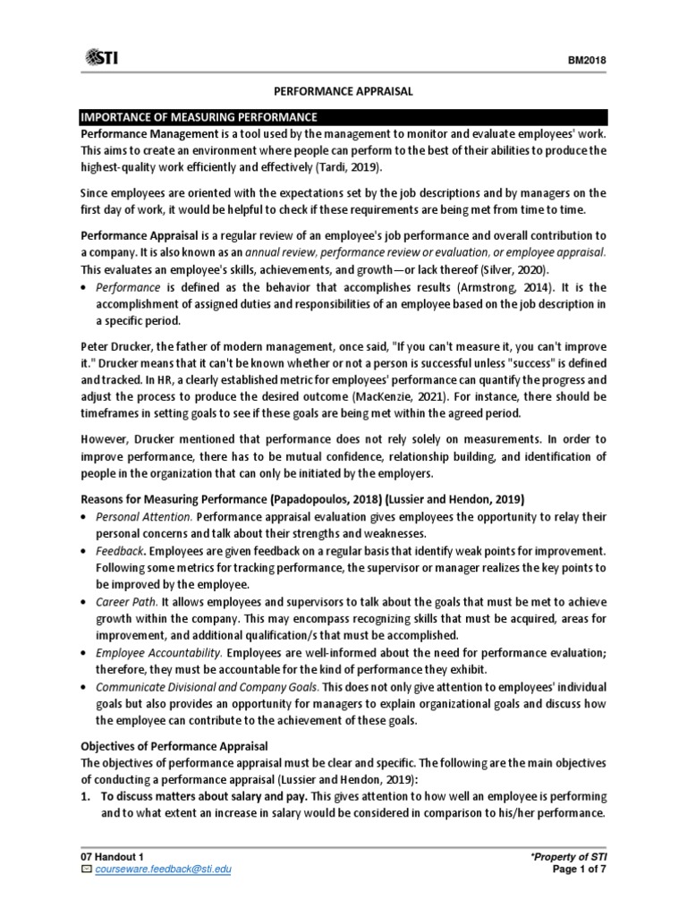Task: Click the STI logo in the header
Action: coord(103,58)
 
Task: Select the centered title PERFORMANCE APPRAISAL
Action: coord(344,91)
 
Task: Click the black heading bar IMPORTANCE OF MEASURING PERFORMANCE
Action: coord(344,116)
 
